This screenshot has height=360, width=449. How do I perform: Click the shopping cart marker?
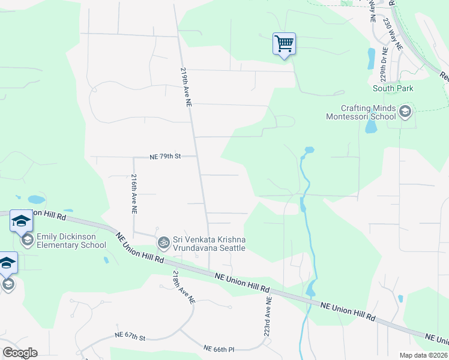(284, 43)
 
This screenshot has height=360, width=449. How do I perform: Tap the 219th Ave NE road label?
(185, 88)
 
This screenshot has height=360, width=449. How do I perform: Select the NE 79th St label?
(165, 157)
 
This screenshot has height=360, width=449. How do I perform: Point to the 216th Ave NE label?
(134, 195)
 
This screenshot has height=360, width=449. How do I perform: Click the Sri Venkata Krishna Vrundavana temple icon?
(163, 243)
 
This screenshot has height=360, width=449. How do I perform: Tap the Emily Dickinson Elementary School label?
(71, 241)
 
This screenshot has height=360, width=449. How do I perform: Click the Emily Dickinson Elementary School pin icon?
(27, 241)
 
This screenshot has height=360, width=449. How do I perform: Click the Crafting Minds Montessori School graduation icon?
(405, 111)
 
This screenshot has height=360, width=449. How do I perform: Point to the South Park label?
(393, 88)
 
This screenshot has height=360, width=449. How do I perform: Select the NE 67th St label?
(130, 338)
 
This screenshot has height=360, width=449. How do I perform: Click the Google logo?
(20, 353)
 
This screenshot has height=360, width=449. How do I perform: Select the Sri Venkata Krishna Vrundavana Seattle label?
(209, 244)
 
